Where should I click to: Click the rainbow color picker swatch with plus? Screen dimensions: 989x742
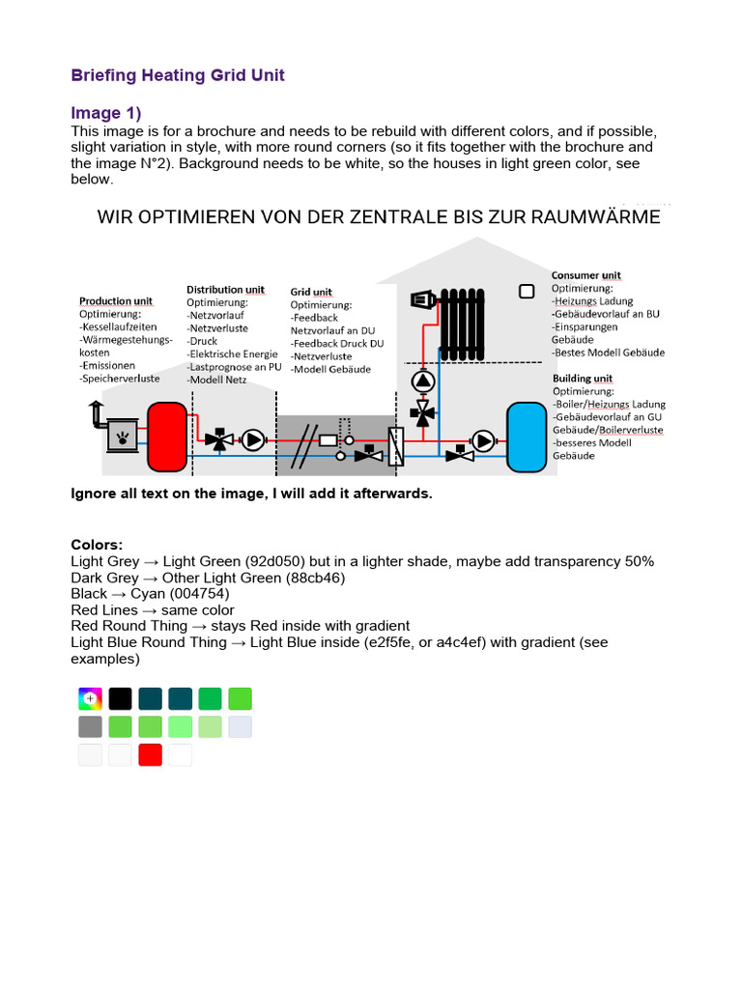90,698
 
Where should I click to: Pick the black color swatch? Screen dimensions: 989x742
120,698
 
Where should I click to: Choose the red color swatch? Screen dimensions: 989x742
150,754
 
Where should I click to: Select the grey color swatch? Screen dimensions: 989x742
90,726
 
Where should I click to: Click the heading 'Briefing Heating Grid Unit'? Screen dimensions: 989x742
178,75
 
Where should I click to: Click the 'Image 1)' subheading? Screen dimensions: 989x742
106,113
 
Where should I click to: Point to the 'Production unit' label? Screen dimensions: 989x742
115,301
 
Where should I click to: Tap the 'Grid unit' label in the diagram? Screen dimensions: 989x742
311,292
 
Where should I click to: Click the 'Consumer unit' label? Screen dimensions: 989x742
585,275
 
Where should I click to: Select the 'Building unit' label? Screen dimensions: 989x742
582,379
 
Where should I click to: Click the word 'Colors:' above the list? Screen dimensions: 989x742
97,545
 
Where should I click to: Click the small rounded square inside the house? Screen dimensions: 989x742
527,291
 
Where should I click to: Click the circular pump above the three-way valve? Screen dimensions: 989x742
422,380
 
